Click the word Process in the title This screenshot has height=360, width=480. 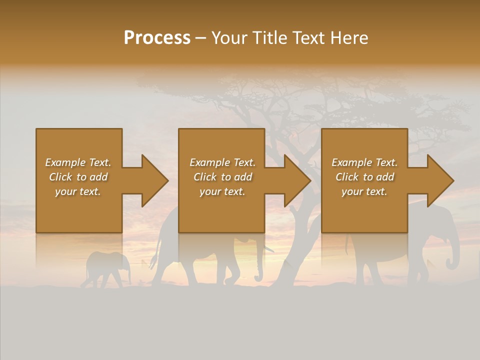(x=157, y=38)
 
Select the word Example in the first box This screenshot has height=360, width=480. (x=65, y=162)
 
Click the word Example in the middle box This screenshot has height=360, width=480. (x=209, y=162)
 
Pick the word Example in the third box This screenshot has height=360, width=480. (x=351, y=162)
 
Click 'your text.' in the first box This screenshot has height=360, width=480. (x=78, y=191)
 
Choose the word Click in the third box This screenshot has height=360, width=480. (x=347, y=177)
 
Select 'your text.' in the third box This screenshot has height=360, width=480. (x=364, y=191)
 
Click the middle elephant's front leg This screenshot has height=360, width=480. (x=231, y=272)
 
